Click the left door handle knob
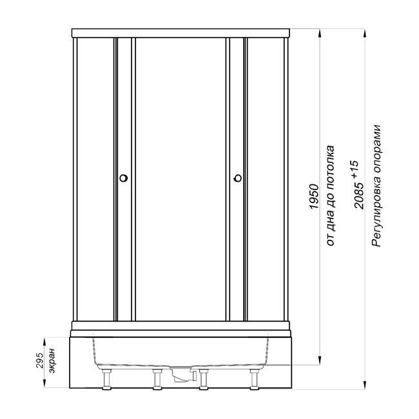124,178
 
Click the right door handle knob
238,178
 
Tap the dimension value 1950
315,197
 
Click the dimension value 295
39,360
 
